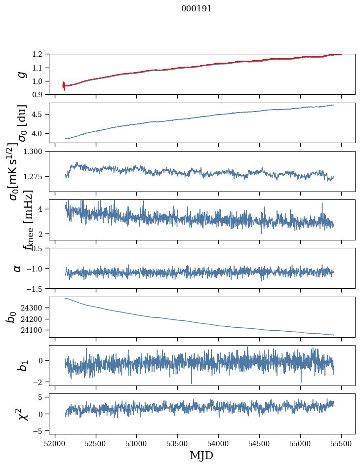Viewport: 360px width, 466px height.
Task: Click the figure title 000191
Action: pos(196,9)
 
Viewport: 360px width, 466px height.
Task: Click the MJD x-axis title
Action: pos(201,455)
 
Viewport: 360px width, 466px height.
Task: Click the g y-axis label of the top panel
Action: pos(21,74)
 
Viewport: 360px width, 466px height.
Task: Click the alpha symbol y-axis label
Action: pos(17,268)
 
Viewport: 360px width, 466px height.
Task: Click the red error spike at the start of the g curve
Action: pos(64,85)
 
